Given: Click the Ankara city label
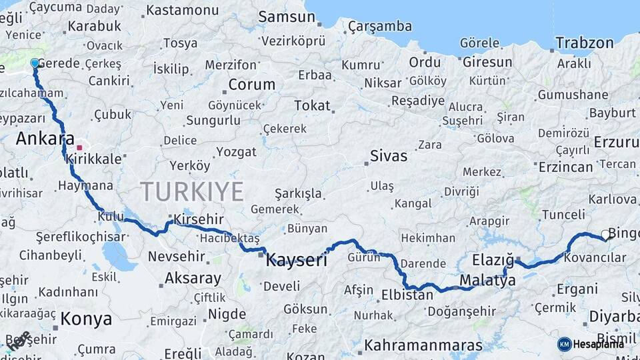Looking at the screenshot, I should (x=45, y=139).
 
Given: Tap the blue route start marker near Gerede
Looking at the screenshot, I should (x=35, y=63).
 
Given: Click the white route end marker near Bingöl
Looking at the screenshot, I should (x=605, y=234).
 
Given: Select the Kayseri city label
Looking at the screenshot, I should (x=297, y=260).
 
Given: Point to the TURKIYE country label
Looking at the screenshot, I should (x=192, y=192).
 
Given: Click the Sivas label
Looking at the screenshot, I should (x=389, y=157).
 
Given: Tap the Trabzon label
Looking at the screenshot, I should (x=585, y=43).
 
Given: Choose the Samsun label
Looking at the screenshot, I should (x=287, y=17).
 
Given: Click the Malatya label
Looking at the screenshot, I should (x=487, y=281).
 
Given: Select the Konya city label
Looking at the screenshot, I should (x=86, y=319).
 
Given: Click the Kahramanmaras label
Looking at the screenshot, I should (x=423, y=346).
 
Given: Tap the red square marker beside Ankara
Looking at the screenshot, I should (x=79, y=147).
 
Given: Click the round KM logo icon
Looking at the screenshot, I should (x=564, y=344).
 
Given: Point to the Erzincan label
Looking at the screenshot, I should (x=566, y=167).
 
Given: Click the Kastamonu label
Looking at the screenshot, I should (x=182, y=11).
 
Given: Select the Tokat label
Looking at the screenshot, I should (x=312, y=105).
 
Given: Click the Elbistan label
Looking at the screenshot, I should (x=407, y=294).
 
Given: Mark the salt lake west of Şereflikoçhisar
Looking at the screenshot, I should (x=118, y=255).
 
